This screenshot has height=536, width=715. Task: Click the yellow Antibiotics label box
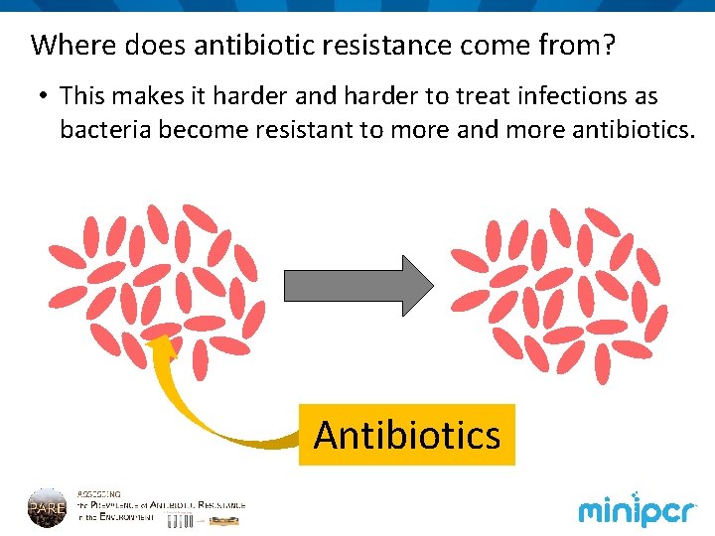pyautogui.click(x=407, y=435)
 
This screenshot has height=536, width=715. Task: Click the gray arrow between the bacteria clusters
pyautogui.click(x=358, y=286)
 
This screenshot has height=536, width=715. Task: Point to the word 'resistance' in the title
pyautogui.click(x=385, y=46)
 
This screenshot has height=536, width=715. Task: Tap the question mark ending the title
pyautogui.click(x=609, y=46)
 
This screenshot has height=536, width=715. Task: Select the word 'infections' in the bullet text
pyautogui.click(x=558, y=96)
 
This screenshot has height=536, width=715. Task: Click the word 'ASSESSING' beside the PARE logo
pyautogui.click(x=99, y=492)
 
